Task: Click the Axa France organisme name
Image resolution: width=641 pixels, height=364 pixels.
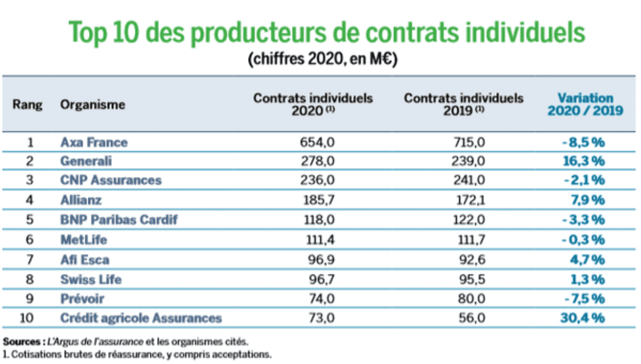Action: (x=94, y=142)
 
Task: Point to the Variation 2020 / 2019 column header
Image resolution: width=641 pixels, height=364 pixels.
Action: (x=585, y=104)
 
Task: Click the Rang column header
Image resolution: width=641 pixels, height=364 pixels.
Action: (x=28, y=104)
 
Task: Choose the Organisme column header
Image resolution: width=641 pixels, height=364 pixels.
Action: (x=92, y=104)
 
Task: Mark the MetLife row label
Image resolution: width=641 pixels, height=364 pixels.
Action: (x=84, y=240)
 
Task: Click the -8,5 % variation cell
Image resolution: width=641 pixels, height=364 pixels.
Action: (x=583, y=142)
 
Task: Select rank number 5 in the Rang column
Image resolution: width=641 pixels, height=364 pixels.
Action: (x=30, y=220)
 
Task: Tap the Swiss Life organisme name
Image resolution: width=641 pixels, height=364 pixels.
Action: (x=91, y=279)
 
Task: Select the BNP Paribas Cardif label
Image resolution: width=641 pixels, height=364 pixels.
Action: (x=119, y=220)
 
